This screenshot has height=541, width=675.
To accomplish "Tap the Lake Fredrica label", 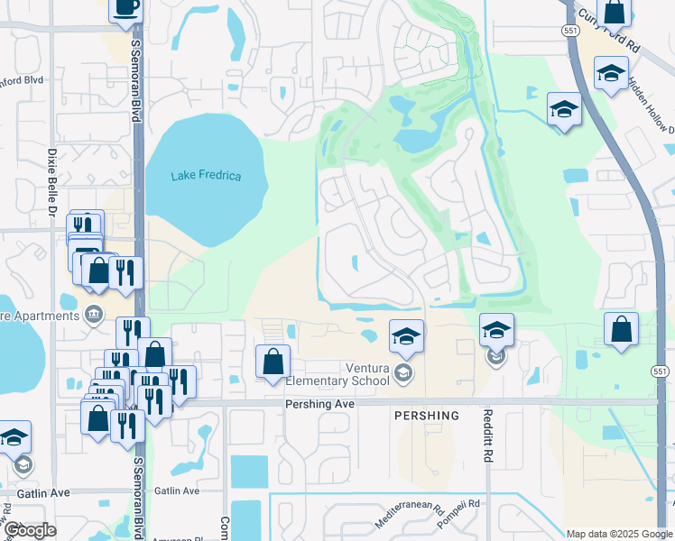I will point(206,175).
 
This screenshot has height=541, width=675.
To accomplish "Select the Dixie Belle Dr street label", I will point(52,181).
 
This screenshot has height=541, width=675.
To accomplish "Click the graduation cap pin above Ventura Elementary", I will point(406,336).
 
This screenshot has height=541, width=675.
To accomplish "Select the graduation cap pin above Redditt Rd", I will point(496,330).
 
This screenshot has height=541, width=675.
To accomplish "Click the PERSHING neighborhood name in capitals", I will point(426,416).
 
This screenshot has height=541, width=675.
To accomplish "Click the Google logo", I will point(30,530).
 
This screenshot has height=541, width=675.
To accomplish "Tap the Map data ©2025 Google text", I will point(618,534).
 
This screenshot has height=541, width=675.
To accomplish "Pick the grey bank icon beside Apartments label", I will point(93,315).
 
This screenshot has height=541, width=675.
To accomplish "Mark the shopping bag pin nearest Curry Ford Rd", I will point(615,12).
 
